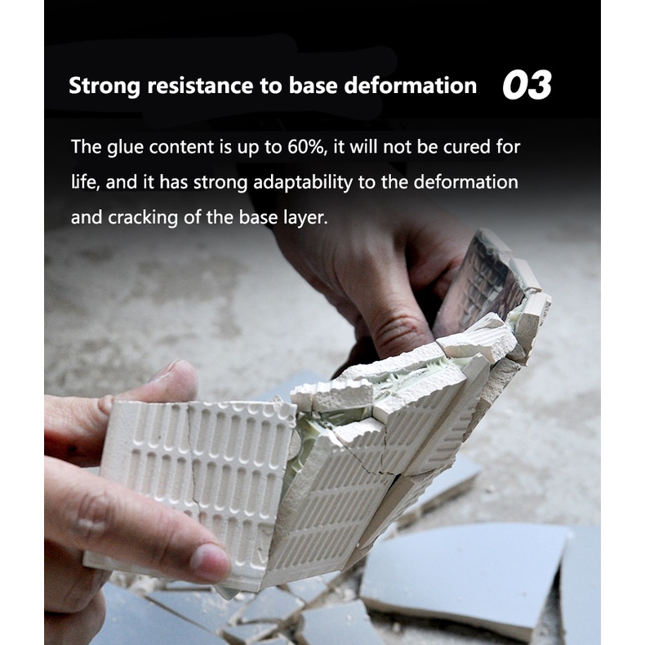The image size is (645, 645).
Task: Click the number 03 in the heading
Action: click(x=527, y=85)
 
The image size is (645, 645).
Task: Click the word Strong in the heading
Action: click(x=105, y=87)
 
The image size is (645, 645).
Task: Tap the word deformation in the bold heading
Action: click(x=410, y=85)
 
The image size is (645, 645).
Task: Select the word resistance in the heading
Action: click(x=200, y=86)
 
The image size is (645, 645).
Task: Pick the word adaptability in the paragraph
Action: click(x=303, y=183)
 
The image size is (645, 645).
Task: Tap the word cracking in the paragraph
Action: click(x=143, y=218)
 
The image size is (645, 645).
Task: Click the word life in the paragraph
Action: click(x=85, y=183)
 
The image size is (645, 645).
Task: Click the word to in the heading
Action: click(x=271, y=86)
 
